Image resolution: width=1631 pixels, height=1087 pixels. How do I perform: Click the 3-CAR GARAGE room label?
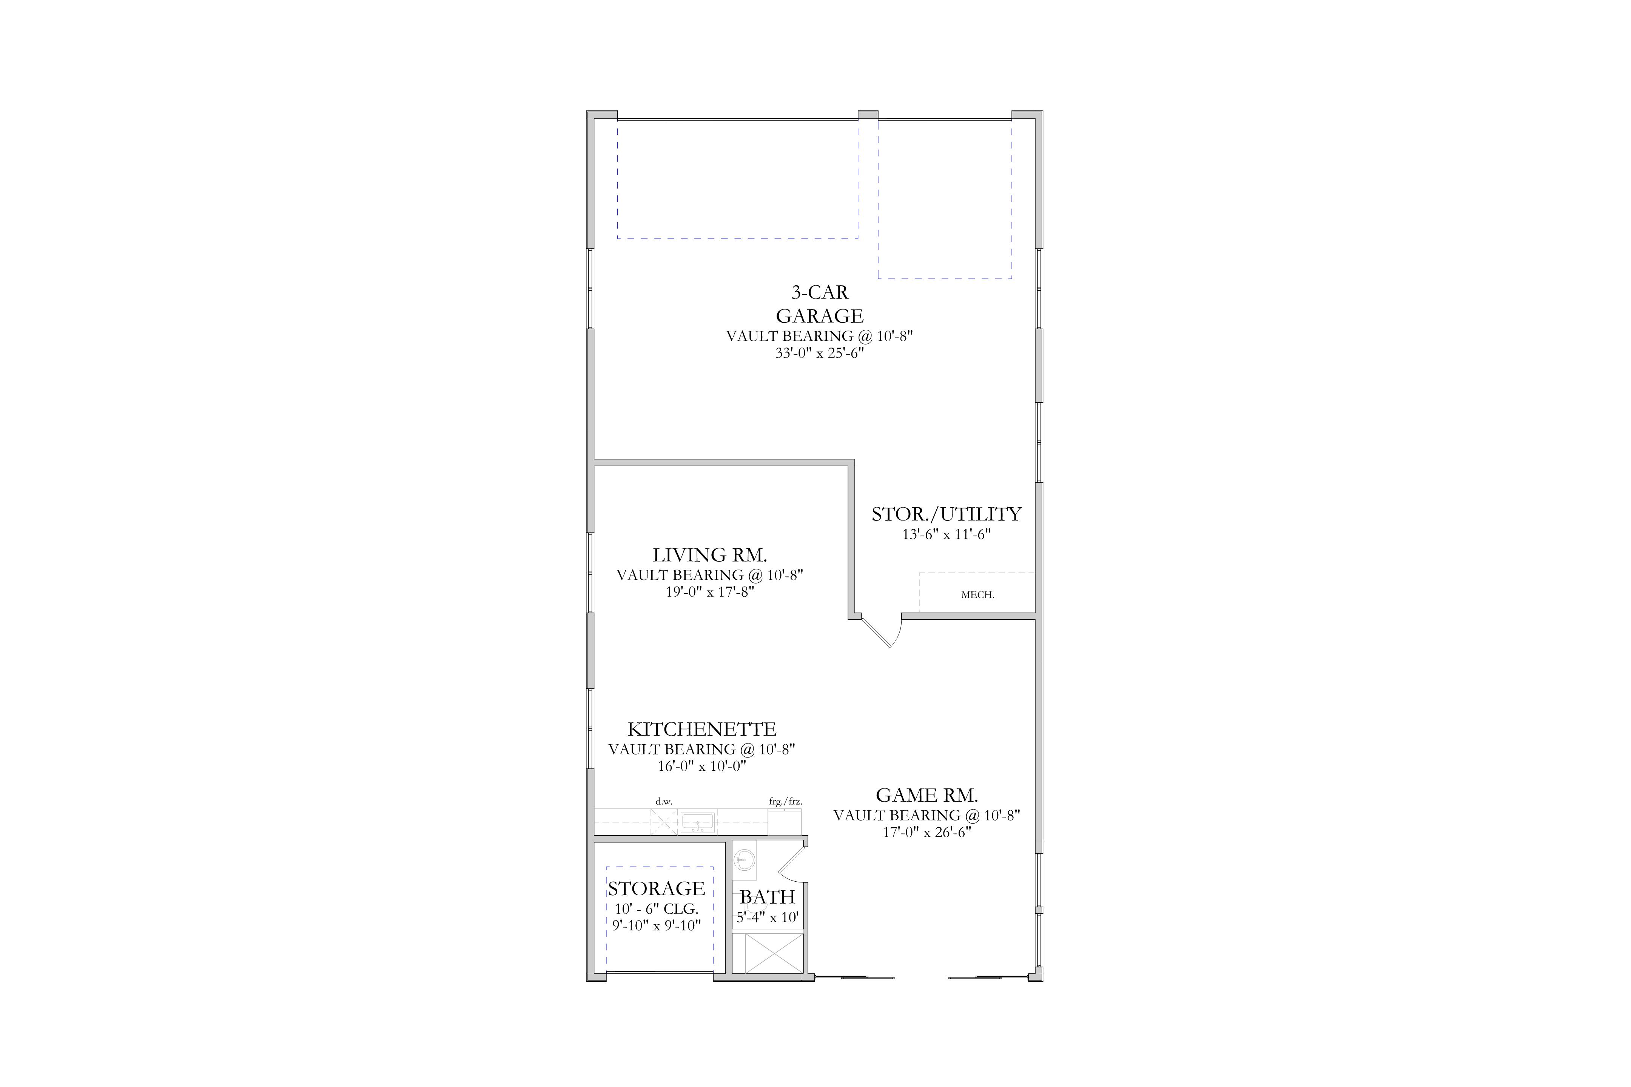(x=820, y=303)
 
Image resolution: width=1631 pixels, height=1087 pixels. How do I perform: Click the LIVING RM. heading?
(x=709, y=555)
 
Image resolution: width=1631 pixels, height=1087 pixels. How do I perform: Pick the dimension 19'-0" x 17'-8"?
(x=709, y=592)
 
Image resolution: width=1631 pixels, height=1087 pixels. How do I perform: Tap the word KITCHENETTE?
(x=702, y=729)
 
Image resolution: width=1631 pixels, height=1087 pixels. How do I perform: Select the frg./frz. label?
(x=785, y=801)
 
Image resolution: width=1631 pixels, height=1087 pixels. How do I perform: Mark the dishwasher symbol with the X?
(x=664, y=822)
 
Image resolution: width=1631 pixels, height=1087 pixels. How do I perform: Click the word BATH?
(x=767, y=897)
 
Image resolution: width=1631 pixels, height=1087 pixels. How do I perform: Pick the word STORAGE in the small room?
(x=656, y=889)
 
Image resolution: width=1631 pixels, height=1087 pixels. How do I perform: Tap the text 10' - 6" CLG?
(x=656, y=909)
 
